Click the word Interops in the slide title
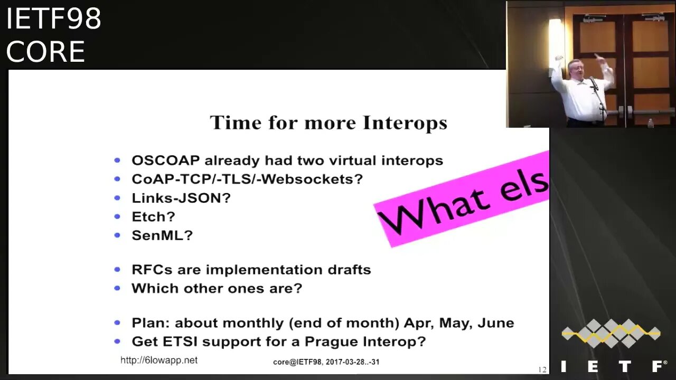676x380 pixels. [405, 123]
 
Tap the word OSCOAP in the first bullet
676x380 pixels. [166, 160]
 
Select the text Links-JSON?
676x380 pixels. [181, 198]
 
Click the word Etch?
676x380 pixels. [153, 217]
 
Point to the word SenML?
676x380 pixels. [162, 235]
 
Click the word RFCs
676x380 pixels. [152, 270]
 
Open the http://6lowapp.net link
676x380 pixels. [159, 360]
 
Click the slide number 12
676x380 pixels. [542, 370]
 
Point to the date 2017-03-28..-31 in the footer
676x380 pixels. [353, 362]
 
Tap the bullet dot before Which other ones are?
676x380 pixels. [117, 289]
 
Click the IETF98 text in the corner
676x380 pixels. [54, 18]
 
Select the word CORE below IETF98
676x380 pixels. [45, 52]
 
